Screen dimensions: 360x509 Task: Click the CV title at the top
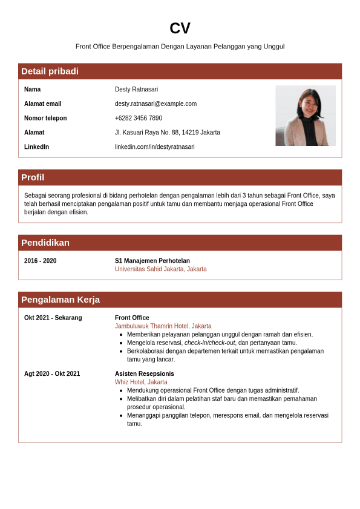pyautogui.click(x=180, y=28)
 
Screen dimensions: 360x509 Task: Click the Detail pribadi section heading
pyautogui.click(x=50, y=71)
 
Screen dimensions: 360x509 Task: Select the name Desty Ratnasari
pyautogui.click(x=136, y=90)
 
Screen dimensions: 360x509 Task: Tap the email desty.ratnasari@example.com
pyautogui.click(x=155, y=104)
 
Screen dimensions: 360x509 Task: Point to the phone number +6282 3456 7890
pyautogui.click(x=139, y=118)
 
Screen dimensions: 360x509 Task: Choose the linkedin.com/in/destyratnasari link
pyautogui.click(x=154, y=147)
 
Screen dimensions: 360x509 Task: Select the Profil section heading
pyautogui.click(x=33, y=177)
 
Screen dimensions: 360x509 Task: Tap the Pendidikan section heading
pyautogui.click(x=45, y=243)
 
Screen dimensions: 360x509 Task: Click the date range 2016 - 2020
pyautogui.click(x=40, y=261)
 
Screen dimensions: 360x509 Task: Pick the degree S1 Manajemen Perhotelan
pyautogui.click(x=152, y=261)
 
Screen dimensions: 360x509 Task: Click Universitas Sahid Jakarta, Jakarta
pyautogui.click(x=160, y=269)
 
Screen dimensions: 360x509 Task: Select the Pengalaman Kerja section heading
pyautogui.click(x=61, y=300)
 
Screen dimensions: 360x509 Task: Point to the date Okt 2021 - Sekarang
pyautogui.click(x=53, y=318)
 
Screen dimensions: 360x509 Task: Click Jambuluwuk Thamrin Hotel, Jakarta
pyautogui.click(x=163, y=326)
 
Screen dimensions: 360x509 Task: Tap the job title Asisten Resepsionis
pyautogui.click(x=144, y=374)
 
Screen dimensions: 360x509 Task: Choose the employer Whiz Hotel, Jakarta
pyautogui.click(x=141, y=382)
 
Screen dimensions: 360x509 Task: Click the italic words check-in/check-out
pyautogui.click(x=209, y=343)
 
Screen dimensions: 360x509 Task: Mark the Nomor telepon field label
pyautogui.click(x=45, y=118)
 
